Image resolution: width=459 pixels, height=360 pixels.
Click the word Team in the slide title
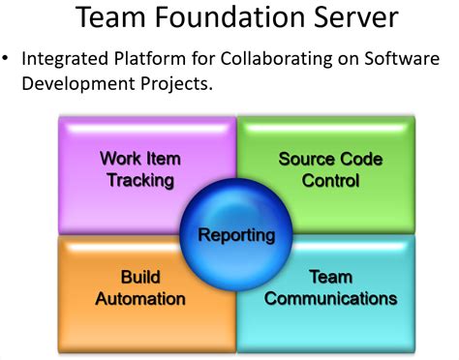coord(109,18)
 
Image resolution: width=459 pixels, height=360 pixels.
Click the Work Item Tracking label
coord(141,169)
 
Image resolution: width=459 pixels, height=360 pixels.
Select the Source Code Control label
coord(330,169)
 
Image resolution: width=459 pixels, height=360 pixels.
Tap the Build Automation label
coord(140,286)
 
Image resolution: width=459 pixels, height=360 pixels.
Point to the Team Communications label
coord(330,286)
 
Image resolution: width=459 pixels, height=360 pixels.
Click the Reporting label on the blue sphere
coord(236,234)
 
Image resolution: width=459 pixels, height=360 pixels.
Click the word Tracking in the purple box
coord(141,180)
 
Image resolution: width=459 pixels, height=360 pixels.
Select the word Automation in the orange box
coord(140,298)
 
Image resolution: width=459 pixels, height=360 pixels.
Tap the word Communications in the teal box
coord(330,298)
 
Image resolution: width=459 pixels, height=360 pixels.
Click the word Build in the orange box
coord(140,276)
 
